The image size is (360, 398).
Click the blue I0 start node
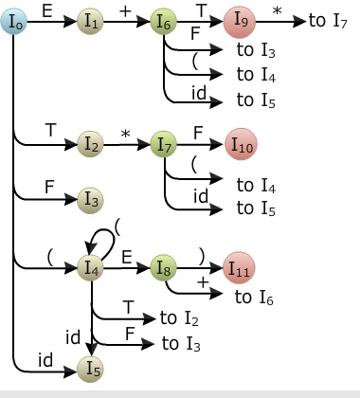pos(15,19)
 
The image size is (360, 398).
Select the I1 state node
pos(91,19)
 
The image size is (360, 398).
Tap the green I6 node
pos(165,19)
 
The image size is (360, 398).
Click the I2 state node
pos(91,145)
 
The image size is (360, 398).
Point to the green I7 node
pos(165,145)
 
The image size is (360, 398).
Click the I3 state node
pos(91,199)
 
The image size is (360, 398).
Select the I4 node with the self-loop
pos(91,267)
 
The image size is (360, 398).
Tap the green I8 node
pos(165,267)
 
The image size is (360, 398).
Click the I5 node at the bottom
pos(91,365)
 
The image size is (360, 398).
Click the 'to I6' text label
pos(256,298)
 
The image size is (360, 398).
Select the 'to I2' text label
pos(179,318)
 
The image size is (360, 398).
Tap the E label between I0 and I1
pos(47,9)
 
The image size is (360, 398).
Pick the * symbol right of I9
pos(278,9)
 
